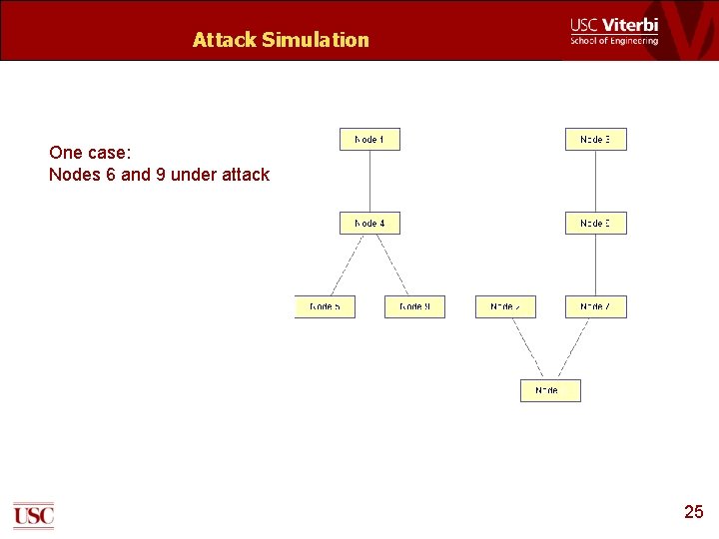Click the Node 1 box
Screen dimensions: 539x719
tap(369, 140)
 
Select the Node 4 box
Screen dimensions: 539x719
tap(369, 224)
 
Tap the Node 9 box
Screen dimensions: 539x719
tap(414, 307)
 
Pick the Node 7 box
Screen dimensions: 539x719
tap(595, 307)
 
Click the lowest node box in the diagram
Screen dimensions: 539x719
tap(550, 390)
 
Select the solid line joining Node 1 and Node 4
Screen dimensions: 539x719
tap(369, 182)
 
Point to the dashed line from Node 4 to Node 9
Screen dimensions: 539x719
tap(392, 265)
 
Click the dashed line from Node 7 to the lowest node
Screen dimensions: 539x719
tap(573, 348)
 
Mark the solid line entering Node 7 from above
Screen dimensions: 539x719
tap(595, 266)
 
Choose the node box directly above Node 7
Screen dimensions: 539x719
tap(595, 224)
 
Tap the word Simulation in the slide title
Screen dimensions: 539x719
tap(316, 40)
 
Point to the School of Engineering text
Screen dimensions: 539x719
tap(614, 41)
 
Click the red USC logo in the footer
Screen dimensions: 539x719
tap(33, 515)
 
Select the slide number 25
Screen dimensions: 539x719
tap(693, 512)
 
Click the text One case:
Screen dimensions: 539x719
tap(90, 153)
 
